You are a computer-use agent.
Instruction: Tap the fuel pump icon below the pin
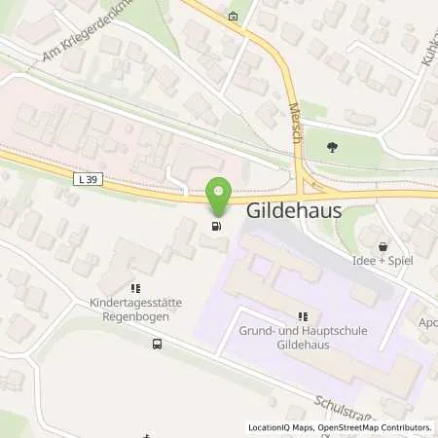[215, 227]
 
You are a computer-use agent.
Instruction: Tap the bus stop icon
[157, 344]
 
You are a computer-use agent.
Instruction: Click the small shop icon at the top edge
[232, 15]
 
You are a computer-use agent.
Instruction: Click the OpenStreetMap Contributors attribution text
[378, 426]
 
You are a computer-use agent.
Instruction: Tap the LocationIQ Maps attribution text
[280, 426]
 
